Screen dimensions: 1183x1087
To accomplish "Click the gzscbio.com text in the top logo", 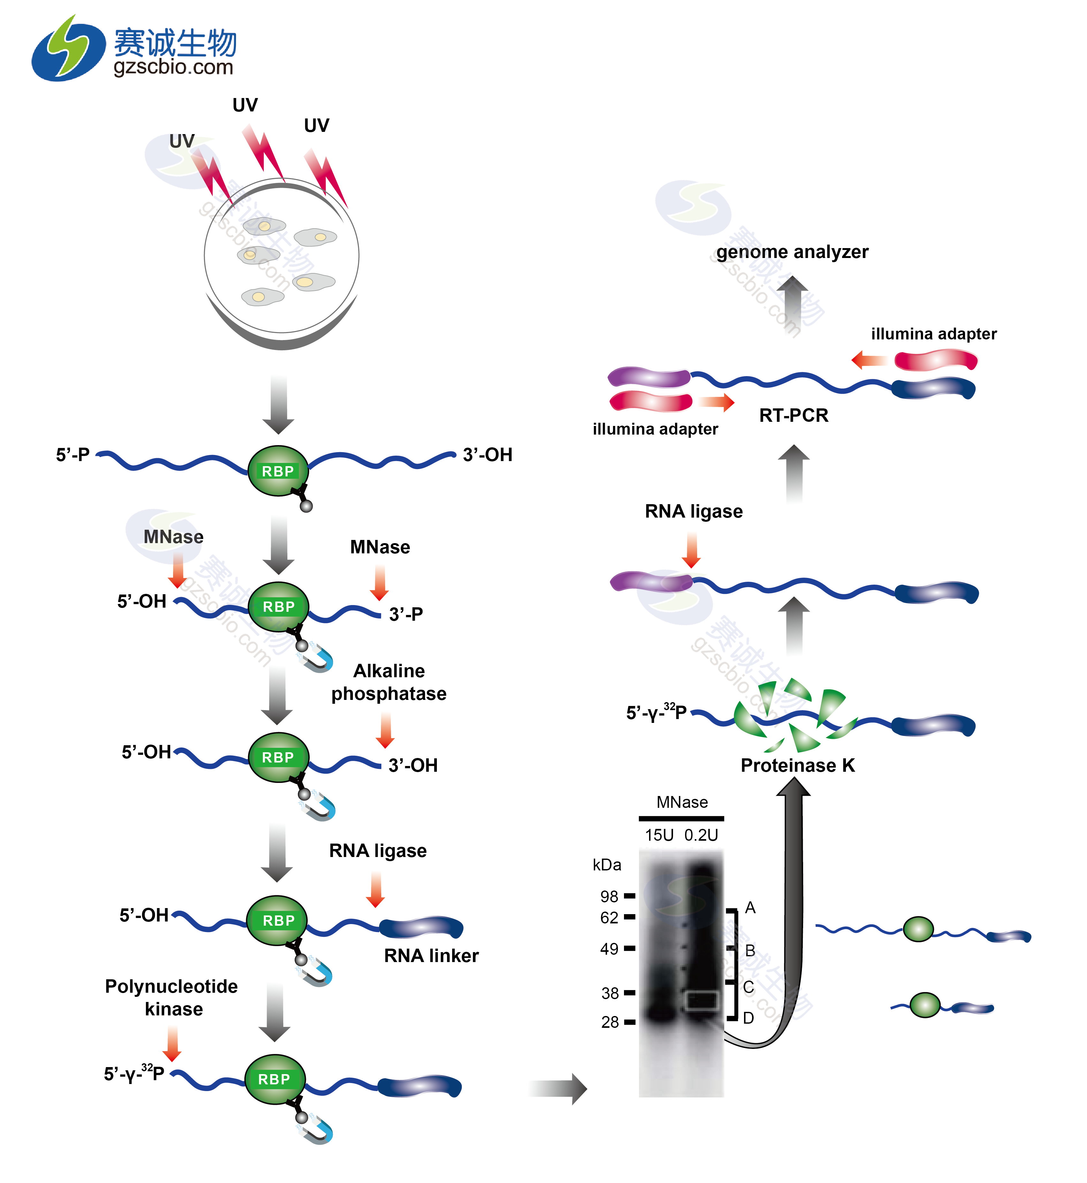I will click(x=173, y=67).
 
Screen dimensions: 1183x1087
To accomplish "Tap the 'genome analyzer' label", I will click(x=792, y=252).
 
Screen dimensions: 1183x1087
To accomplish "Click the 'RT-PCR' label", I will click(x=794, y=415).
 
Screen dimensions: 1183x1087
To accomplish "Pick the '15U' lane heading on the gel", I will click(x=659, y=835).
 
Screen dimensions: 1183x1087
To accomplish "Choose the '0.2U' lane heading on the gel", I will click(x=701, y=835).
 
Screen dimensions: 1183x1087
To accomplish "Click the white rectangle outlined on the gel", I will click(x=702, y=1000).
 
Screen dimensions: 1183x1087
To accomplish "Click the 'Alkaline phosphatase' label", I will click(x=389, y=682).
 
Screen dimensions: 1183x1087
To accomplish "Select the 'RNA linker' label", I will click(x=431, y=956).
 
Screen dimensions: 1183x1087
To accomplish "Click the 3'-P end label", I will click(x=406, y=614).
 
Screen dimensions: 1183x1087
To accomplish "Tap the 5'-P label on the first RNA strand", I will click(x=72, y=455).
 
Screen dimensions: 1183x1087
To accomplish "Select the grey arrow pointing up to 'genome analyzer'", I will click(x=792, y=303).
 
